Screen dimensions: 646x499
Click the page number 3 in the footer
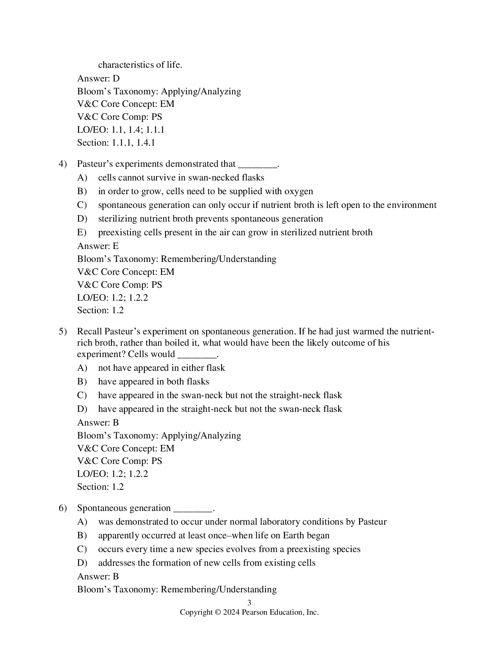pos(249,603)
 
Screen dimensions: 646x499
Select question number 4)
pos(63,164)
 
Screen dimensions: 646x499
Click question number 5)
pos(63,332)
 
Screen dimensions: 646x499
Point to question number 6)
pos(63,508)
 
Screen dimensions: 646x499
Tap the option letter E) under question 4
pos(82,233)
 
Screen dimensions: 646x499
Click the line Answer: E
pos(98,246)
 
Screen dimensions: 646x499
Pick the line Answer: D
pos(98,78)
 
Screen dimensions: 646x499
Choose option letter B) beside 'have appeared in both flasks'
pos(82,382)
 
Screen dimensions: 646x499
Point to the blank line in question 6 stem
pos(193,509)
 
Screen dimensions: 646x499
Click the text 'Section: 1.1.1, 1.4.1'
pos(116,143)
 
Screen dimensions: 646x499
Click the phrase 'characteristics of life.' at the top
pos(140,65)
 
